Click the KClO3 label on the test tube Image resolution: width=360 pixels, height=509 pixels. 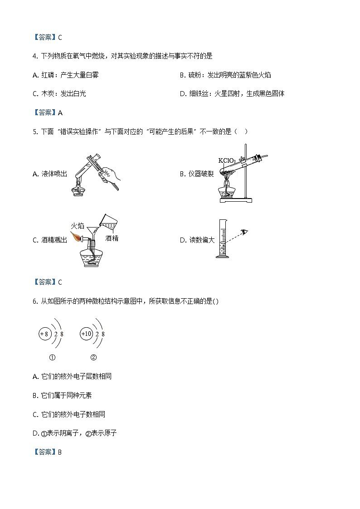pos(227,160)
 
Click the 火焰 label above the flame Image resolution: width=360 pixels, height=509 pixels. pos(78,226)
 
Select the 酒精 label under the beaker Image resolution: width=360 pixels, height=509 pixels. pos(112,238)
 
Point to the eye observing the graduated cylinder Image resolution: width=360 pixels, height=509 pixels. pos(244,232)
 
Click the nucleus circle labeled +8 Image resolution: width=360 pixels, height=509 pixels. pos(45,334)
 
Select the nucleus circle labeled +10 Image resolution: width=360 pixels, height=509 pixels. pos(86,334)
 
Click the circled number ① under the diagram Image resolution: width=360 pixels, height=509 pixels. pos(52,358)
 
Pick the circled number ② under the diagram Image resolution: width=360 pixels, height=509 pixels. pos(93,358)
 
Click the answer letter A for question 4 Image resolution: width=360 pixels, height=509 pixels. pos(60,113)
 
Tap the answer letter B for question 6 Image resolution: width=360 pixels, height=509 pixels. pos(60,452)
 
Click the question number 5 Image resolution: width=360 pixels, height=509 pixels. pos(35,132)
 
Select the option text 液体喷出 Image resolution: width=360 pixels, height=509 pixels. pos(54,174)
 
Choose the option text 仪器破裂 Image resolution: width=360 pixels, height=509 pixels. pos(201,174)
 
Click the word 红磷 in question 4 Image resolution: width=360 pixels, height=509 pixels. pos(48,75)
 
